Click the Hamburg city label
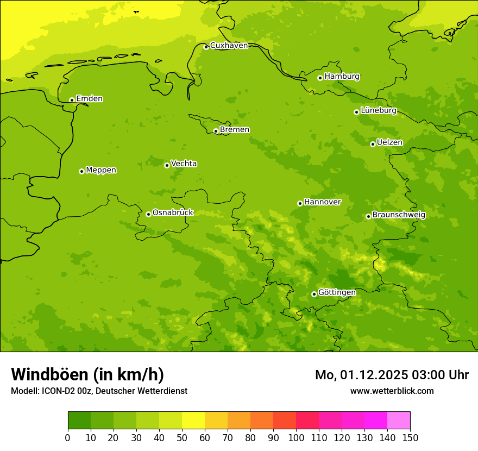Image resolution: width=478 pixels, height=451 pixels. coord(342,77)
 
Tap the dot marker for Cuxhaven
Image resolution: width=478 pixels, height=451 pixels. coord(206,47)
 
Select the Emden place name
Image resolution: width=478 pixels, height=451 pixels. coord(89,99)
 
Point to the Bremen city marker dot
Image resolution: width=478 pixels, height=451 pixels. coord(216,131)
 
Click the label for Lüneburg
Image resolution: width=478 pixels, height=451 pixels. coord(378,111)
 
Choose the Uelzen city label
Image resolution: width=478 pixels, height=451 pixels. coord(389,143)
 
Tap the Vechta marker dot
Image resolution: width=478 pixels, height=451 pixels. coord(167,165)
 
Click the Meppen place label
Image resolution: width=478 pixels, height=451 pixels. coord(100,170)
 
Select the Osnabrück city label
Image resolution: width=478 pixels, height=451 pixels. coord(173,213)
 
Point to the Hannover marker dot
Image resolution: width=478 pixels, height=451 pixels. coord(300,203)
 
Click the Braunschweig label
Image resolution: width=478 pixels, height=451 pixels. coord(399,215)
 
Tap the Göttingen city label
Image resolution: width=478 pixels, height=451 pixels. coord(337,293)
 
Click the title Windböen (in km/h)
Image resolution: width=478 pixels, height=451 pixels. coord(87,374)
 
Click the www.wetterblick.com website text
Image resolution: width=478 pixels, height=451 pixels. coord(392,391)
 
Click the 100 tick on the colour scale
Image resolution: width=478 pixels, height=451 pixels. coord(296,437)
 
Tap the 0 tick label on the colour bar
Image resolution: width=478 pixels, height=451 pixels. coord(68,437)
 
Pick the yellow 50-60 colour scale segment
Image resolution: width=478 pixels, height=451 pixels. coord(193,421)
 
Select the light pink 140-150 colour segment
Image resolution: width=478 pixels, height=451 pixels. coord(399,421)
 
